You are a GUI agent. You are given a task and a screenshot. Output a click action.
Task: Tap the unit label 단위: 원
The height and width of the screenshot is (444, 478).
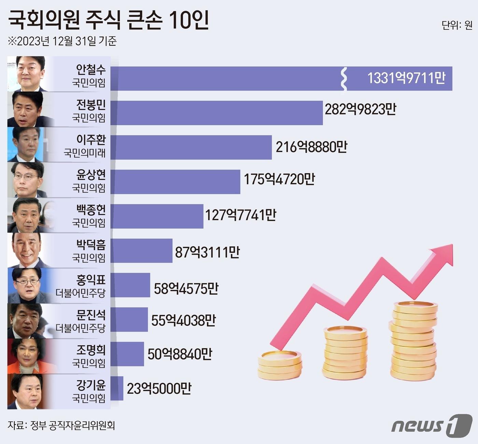click(x=457, y=25)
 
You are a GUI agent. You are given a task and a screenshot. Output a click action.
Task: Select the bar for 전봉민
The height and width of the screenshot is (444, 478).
click(x=217, y=113)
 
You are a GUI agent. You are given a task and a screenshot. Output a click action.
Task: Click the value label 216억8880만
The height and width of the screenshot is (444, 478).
click(x=311, y=147)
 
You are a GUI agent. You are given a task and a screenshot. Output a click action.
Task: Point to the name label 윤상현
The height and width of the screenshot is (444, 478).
click(x=91, y=175)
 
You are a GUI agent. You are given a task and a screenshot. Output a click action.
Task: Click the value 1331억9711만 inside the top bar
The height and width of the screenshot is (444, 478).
click(x=406, y=78)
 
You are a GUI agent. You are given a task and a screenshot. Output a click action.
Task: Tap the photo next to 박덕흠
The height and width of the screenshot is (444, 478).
click(x=27, y=250)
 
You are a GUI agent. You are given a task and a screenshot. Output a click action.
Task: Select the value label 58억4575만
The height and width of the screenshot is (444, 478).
click(x=186, y=289)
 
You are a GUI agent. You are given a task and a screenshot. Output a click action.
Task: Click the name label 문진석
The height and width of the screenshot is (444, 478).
click(x=91, y=314)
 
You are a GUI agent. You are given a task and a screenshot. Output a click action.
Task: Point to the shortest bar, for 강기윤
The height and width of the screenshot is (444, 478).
click(x=117, y=388)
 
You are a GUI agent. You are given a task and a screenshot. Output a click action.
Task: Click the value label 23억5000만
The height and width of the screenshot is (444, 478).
click(x=159, y=389)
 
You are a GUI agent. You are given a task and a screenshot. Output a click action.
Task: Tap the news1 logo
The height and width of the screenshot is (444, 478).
click(x=432, y=426)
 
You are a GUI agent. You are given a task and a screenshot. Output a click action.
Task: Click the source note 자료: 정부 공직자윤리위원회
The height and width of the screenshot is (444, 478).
click(x=61, y=426)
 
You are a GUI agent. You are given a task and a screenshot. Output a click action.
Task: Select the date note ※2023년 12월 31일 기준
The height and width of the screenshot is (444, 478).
click(x=62, y=41)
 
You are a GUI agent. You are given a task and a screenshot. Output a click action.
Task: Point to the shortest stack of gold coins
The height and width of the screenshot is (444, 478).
click(x=280, y=365)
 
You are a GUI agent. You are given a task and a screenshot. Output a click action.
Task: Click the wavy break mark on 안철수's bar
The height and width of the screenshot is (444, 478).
click(x=344, y=79)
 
